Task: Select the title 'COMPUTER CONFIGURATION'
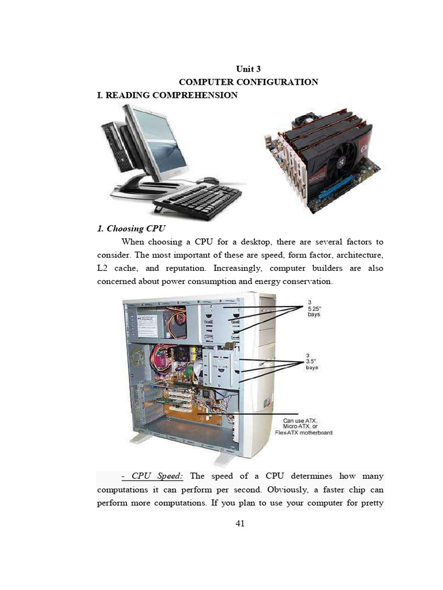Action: (249, 82)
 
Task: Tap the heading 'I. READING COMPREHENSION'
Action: (167, 95)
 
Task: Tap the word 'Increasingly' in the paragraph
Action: (238, 268)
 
